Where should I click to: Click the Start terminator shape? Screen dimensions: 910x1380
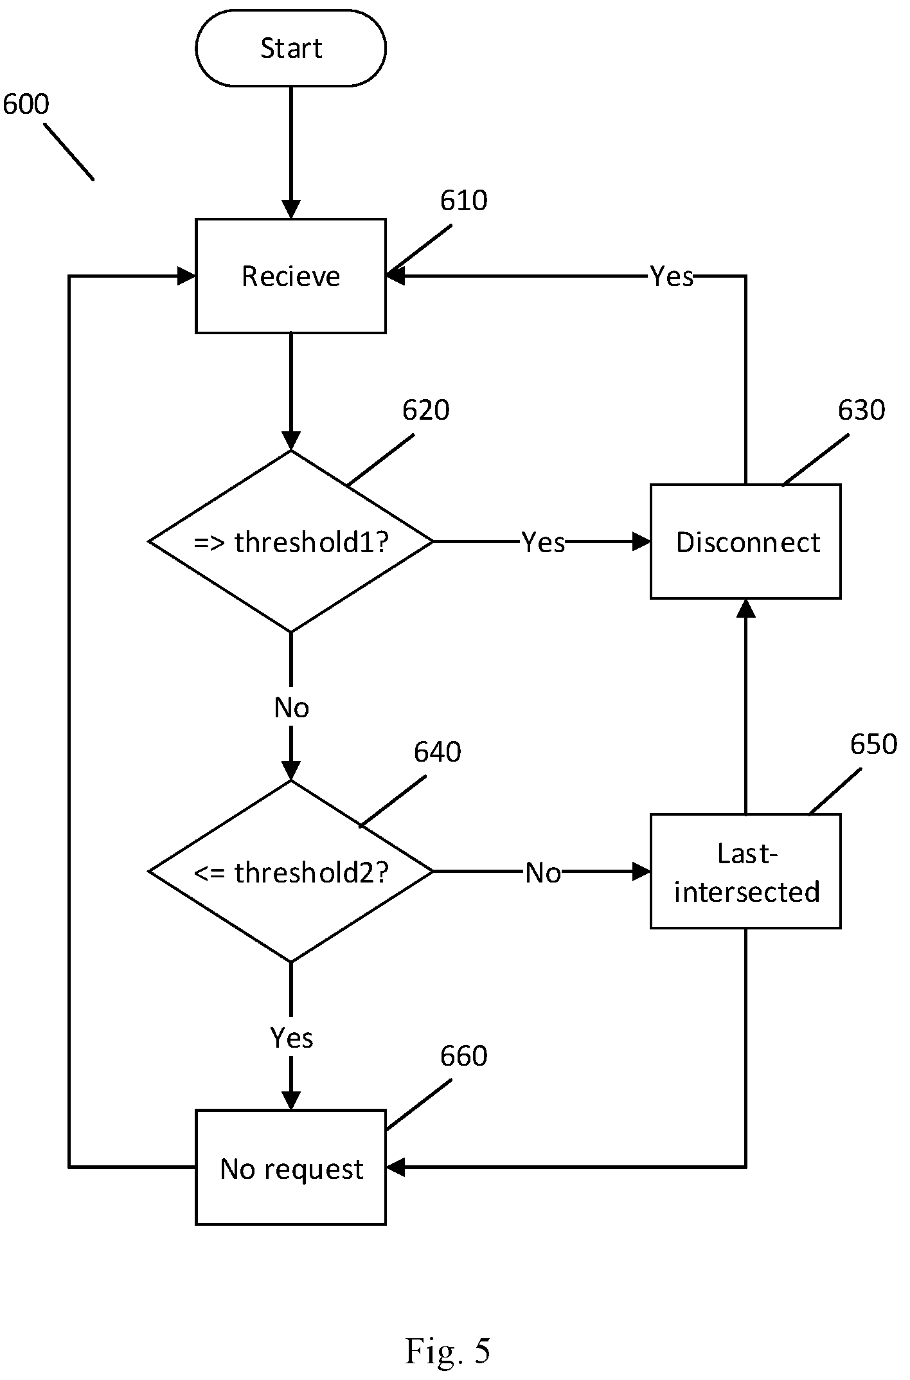click(290, 48)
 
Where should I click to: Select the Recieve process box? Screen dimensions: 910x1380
click(290, 276)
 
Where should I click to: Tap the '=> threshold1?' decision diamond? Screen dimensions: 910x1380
click(290, 541)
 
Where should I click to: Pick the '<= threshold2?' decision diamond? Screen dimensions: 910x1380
click(290, 872)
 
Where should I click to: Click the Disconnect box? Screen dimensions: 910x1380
click(745, 541)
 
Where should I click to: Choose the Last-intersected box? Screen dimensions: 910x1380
click(745, 872)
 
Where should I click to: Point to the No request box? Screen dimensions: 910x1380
click(290, 1167)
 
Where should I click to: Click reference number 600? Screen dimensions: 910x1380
click(26, 104)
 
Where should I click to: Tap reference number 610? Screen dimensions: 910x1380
click(464, 201)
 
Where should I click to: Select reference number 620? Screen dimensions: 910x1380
click(426, 410)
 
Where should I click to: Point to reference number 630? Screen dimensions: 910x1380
click(862, 410)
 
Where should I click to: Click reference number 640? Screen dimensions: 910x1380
click(438, 752)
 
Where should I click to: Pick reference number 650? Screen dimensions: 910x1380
click(874, 744)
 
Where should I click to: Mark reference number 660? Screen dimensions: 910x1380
click(464, 1056)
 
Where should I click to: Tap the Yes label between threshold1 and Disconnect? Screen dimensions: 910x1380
click(543, 542)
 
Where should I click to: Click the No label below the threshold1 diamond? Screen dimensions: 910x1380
click(292, 708)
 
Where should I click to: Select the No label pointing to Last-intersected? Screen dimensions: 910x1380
click(543, 873)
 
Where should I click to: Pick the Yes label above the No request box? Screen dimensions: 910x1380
click(292, 1038)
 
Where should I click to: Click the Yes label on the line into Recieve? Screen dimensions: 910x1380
click(672, 276)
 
